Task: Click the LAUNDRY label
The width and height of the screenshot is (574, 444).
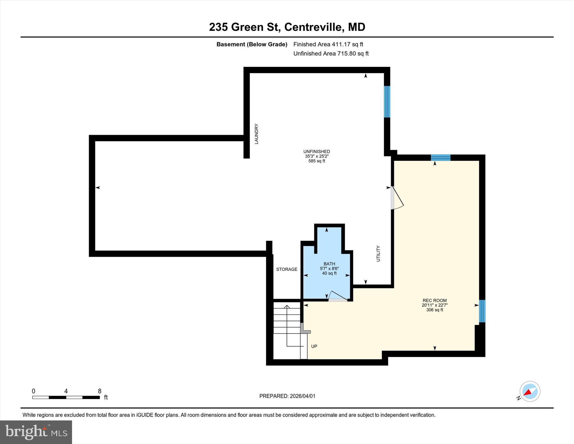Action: (x=256, y=134)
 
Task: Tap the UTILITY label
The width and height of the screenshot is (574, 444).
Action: (x=378, y=254)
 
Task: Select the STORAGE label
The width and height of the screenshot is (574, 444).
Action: (x=286, y=269)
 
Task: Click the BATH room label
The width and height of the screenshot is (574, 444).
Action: (x=329, y=264)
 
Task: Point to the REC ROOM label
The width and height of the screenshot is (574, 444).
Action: (x=434, y=300)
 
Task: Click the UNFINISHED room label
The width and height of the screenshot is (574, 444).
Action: (x=316, y=151)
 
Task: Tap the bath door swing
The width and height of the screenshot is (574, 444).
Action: (x=338, y=296)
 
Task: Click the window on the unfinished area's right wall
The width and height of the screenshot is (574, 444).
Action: (x=387, y=102)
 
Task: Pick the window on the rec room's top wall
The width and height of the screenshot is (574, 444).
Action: (x=440, y=158)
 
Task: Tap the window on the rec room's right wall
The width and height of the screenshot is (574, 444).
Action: (x=482, y=311)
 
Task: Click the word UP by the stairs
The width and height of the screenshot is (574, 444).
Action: (x=314, y=346)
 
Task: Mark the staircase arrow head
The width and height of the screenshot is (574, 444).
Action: (x=287, y=307)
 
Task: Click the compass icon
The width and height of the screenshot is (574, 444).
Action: (x=530, y=391)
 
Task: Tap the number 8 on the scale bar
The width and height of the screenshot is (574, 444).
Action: (x=99, y=391)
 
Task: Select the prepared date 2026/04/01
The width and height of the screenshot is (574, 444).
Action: (x=302, y=396)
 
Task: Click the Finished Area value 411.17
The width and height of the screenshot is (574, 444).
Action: (x=341, y=44)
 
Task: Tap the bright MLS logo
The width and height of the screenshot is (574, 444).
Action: (x=36, y=432)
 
